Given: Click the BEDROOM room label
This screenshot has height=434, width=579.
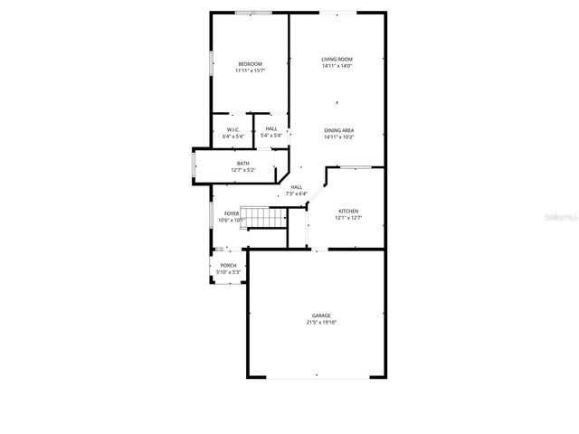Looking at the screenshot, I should pos(250,63).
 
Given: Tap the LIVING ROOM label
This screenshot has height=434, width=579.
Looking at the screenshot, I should pos(337,60).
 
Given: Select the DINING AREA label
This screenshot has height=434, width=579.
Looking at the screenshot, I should pos(339,130).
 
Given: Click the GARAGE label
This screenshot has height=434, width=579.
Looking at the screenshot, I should pos(321,316).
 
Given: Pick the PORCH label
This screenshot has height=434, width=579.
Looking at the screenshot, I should pos(227,266).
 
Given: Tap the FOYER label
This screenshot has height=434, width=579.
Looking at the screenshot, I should pos(233,213).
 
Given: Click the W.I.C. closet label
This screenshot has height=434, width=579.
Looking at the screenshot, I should pos(233,129).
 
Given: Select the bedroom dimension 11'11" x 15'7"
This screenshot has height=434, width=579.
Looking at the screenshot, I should pos(250,70).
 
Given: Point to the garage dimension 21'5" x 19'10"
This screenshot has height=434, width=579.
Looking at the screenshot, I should pos(321,322).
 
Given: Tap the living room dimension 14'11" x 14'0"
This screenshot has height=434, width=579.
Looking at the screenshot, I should pos(337,66).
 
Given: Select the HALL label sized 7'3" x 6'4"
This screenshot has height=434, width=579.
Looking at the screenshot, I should pos(296,186).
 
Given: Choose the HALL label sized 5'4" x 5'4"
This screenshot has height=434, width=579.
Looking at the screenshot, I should pos(271,129).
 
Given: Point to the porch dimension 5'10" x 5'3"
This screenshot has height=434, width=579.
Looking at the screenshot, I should pos(227,272).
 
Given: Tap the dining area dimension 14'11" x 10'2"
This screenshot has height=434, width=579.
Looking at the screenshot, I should pos(339,137).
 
